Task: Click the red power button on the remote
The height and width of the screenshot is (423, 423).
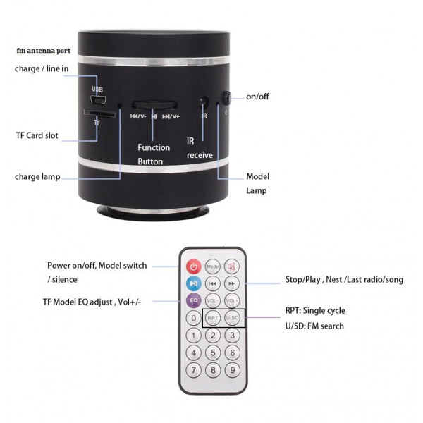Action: coord(193,266)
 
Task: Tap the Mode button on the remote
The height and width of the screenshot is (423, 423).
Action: coord(213,266)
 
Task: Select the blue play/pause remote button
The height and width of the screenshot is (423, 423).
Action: coord(193,283)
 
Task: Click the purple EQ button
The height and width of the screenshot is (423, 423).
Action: coord(193,300)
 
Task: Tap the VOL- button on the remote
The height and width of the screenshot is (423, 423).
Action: coord(213,300)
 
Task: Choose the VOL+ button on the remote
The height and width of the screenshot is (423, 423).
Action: coord(232,300)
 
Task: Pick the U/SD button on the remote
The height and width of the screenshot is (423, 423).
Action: coord(232,318)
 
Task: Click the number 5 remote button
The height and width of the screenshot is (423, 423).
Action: coord(213,353)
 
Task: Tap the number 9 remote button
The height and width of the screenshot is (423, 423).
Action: coord(232,370)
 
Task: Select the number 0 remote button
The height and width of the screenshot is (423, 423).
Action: coord(193,318)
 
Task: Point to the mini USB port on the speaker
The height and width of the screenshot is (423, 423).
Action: coord(98,100)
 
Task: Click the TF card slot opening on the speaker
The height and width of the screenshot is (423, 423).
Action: coord(99,113)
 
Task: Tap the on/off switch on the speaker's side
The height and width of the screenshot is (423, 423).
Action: coord(226,98)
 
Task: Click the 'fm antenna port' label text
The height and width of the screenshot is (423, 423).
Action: coord(44,51)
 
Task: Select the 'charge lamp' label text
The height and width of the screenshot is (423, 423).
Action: coord(37,177)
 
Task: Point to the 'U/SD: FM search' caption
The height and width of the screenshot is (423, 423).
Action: coord(314,326)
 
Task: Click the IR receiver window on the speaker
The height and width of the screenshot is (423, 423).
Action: coord(204,102)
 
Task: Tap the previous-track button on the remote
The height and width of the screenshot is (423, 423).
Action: coord(213,283)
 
